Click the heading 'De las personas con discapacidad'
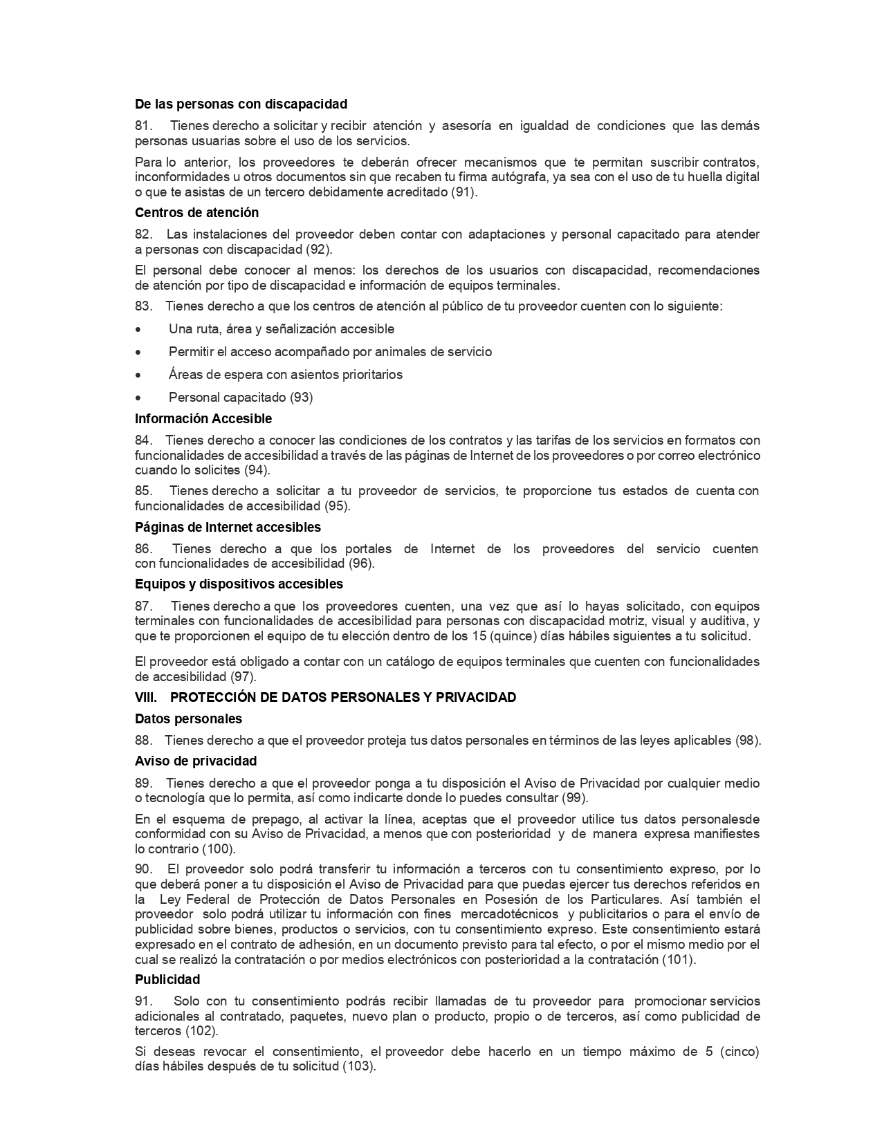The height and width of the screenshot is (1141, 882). pyautogui.click(x=241, y=104)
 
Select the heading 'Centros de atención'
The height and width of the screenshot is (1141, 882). pyautogui.click(x=196, y=213)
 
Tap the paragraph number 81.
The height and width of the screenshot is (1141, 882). pyautogui.click(x=143, y=126)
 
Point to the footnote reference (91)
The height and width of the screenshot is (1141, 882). pyautogui.click(x=463, y=192)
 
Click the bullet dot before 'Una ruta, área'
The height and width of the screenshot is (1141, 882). pyautogui.click(x=139, y=330)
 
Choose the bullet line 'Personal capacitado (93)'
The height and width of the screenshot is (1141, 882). pyautogui.click(x=241, y=398)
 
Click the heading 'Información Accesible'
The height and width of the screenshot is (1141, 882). pyautogui.click(x=203, y=419)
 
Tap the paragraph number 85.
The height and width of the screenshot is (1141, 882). pyautogui.click(x=143, y=491)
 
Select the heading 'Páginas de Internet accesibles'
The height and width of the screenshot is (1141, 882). pyautogui.click(x=228, y=528)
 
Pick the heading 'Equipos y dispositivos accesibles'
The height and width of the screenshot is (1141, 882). pyautogui.click(x=239, y=584)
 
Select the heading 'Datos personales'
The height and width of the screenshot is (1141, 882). pyautogui.click(x=188, y=719)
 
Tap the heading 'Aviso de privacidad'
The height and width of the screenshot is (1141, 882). pyautogui.click(x=196, y=761)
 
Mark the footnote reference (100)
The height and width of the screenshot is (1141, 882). pyautogui.click(x=218, y=849)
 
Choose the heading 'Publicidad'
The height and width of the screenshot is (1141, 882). pyautogui.click(x=167, y=980)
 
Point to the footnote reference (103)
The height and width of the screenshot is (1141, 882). pyautogui.click(x=359, y=1067)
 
